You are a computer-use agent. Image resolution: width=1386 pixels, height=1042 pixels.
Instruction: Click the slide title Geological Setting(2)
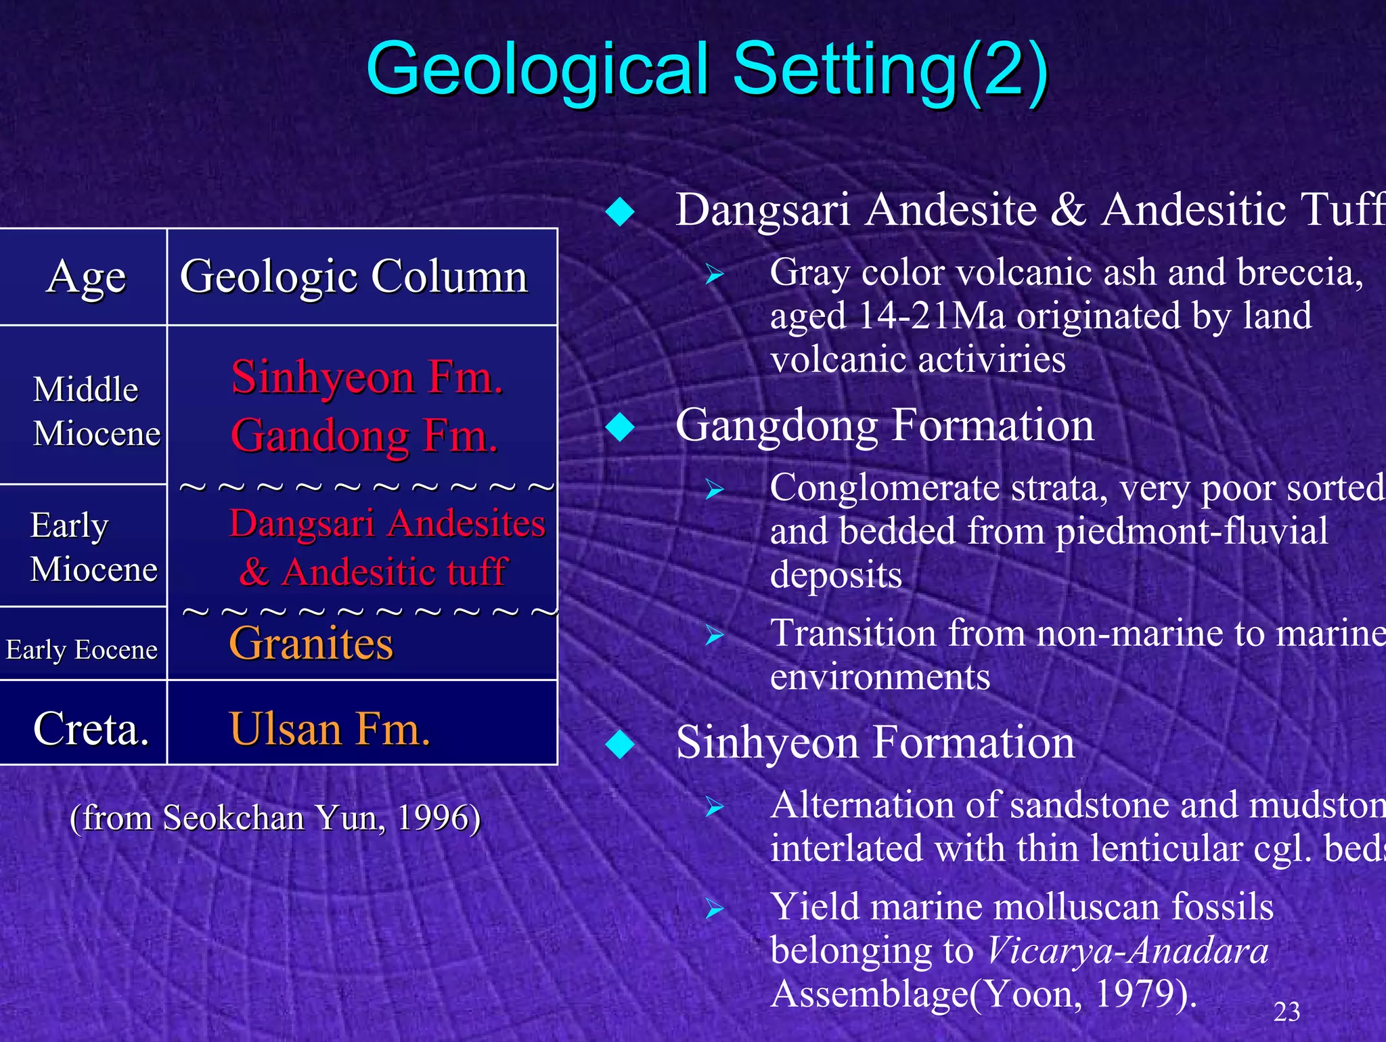point(707,69)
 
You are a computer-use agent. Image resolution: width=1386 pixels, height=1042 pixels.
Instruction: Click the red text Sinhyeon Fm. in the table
point(367,377)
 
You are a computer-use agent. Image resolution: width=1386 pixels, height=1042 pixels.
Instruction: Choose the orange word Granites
point(311,643)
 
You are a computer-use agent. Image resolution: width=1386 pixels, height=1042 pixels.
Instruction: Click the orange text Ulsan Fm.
point(330,729)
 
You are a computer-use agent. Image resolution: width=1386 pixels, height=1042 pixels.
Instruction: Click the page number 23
point(1287,1012)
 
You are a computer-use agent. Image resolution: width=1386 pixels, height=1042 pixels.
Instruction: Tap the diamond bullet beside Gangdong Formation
point(620,427)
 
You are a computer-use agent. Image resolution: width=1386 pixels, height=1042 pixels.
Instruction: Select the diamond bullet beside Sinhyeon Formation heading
point(620,744)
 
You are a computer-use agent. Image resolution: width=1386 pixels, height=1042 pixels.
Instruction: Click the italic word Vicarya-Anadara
point(1127,951)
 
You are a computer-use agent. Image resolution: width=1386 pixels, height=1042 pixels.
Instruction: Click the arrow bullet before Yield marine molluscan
point(714,909)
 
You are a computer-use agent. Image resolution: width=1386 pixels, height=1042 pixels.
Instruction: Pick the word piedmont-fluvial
point(1191,531)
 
